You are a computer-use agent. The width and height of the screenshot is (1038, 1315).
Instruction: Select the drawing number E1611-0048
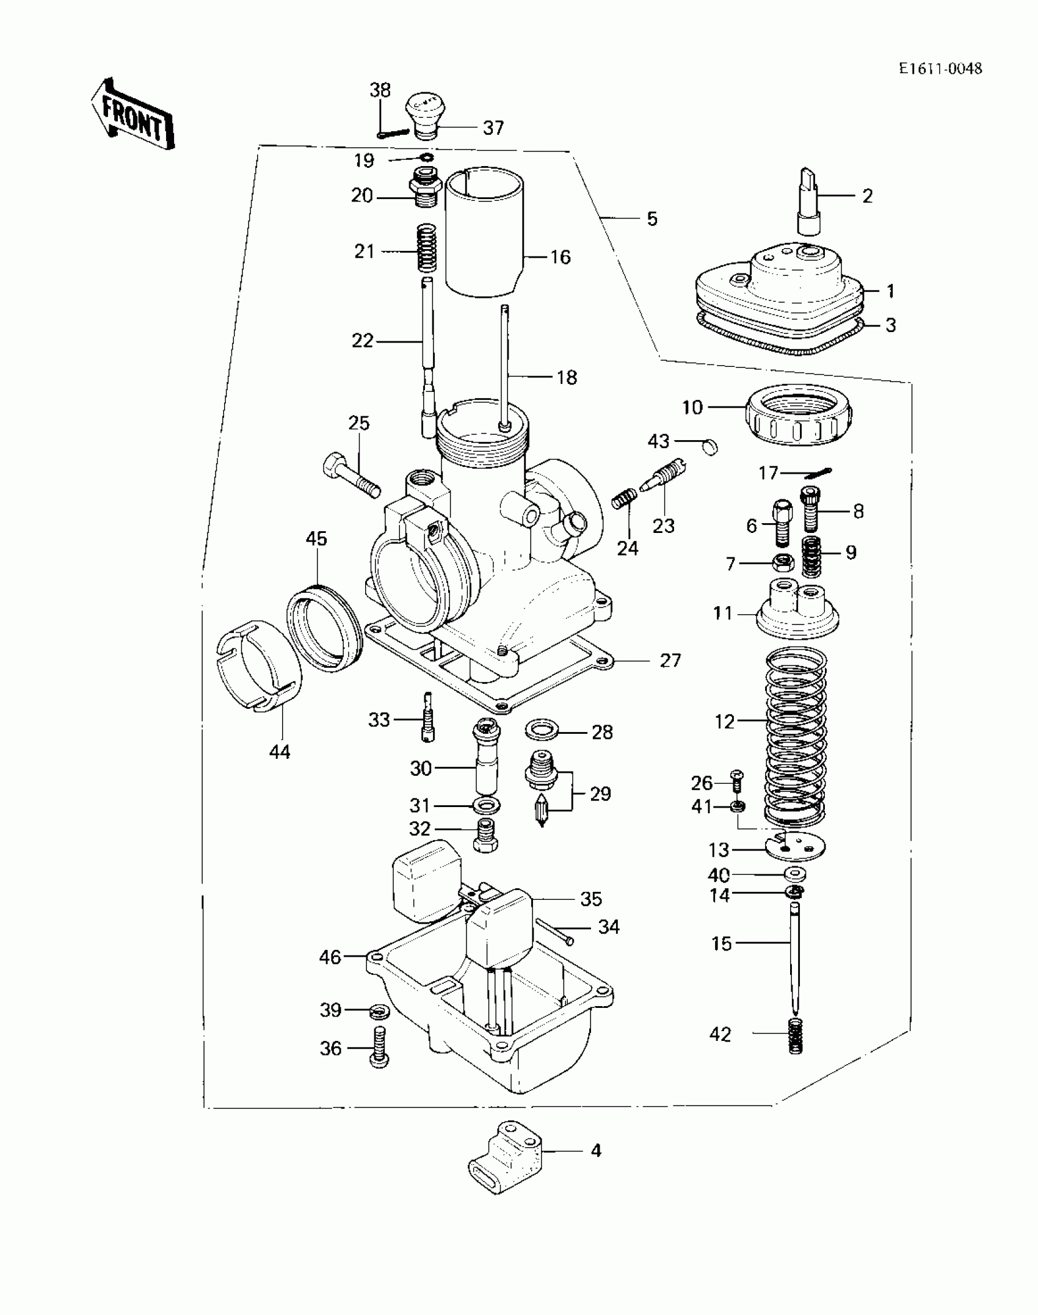click(940, 68)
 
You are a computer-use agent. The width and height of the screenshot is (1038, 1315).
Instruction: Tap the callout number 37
click(493, 128)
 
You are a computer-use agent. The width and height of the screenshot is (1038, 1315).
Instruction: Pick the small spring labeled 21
click(427, 248)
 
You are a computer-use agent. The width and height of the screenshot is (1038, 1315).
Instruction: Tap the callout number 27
click(670, 661)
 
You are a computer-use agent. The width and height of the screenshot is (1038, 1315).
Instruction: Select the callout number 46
click(330, 957)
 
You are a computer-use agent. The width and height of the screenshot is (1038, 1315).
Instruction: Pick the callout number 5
click(652, 219)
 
